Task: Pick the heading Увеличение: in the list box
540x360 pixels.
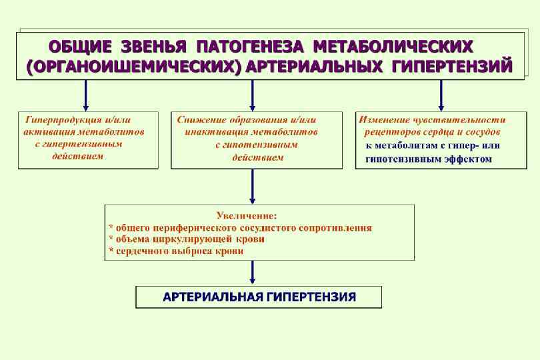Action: pyautogui.click(x=247, y=215)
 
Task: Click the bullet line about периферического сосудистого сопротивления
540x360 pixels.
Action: pyautogui.click(x=240, y=227)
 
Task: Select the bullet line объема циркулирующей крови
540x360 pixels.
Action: pyautogui.click(x=186, y=239)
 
